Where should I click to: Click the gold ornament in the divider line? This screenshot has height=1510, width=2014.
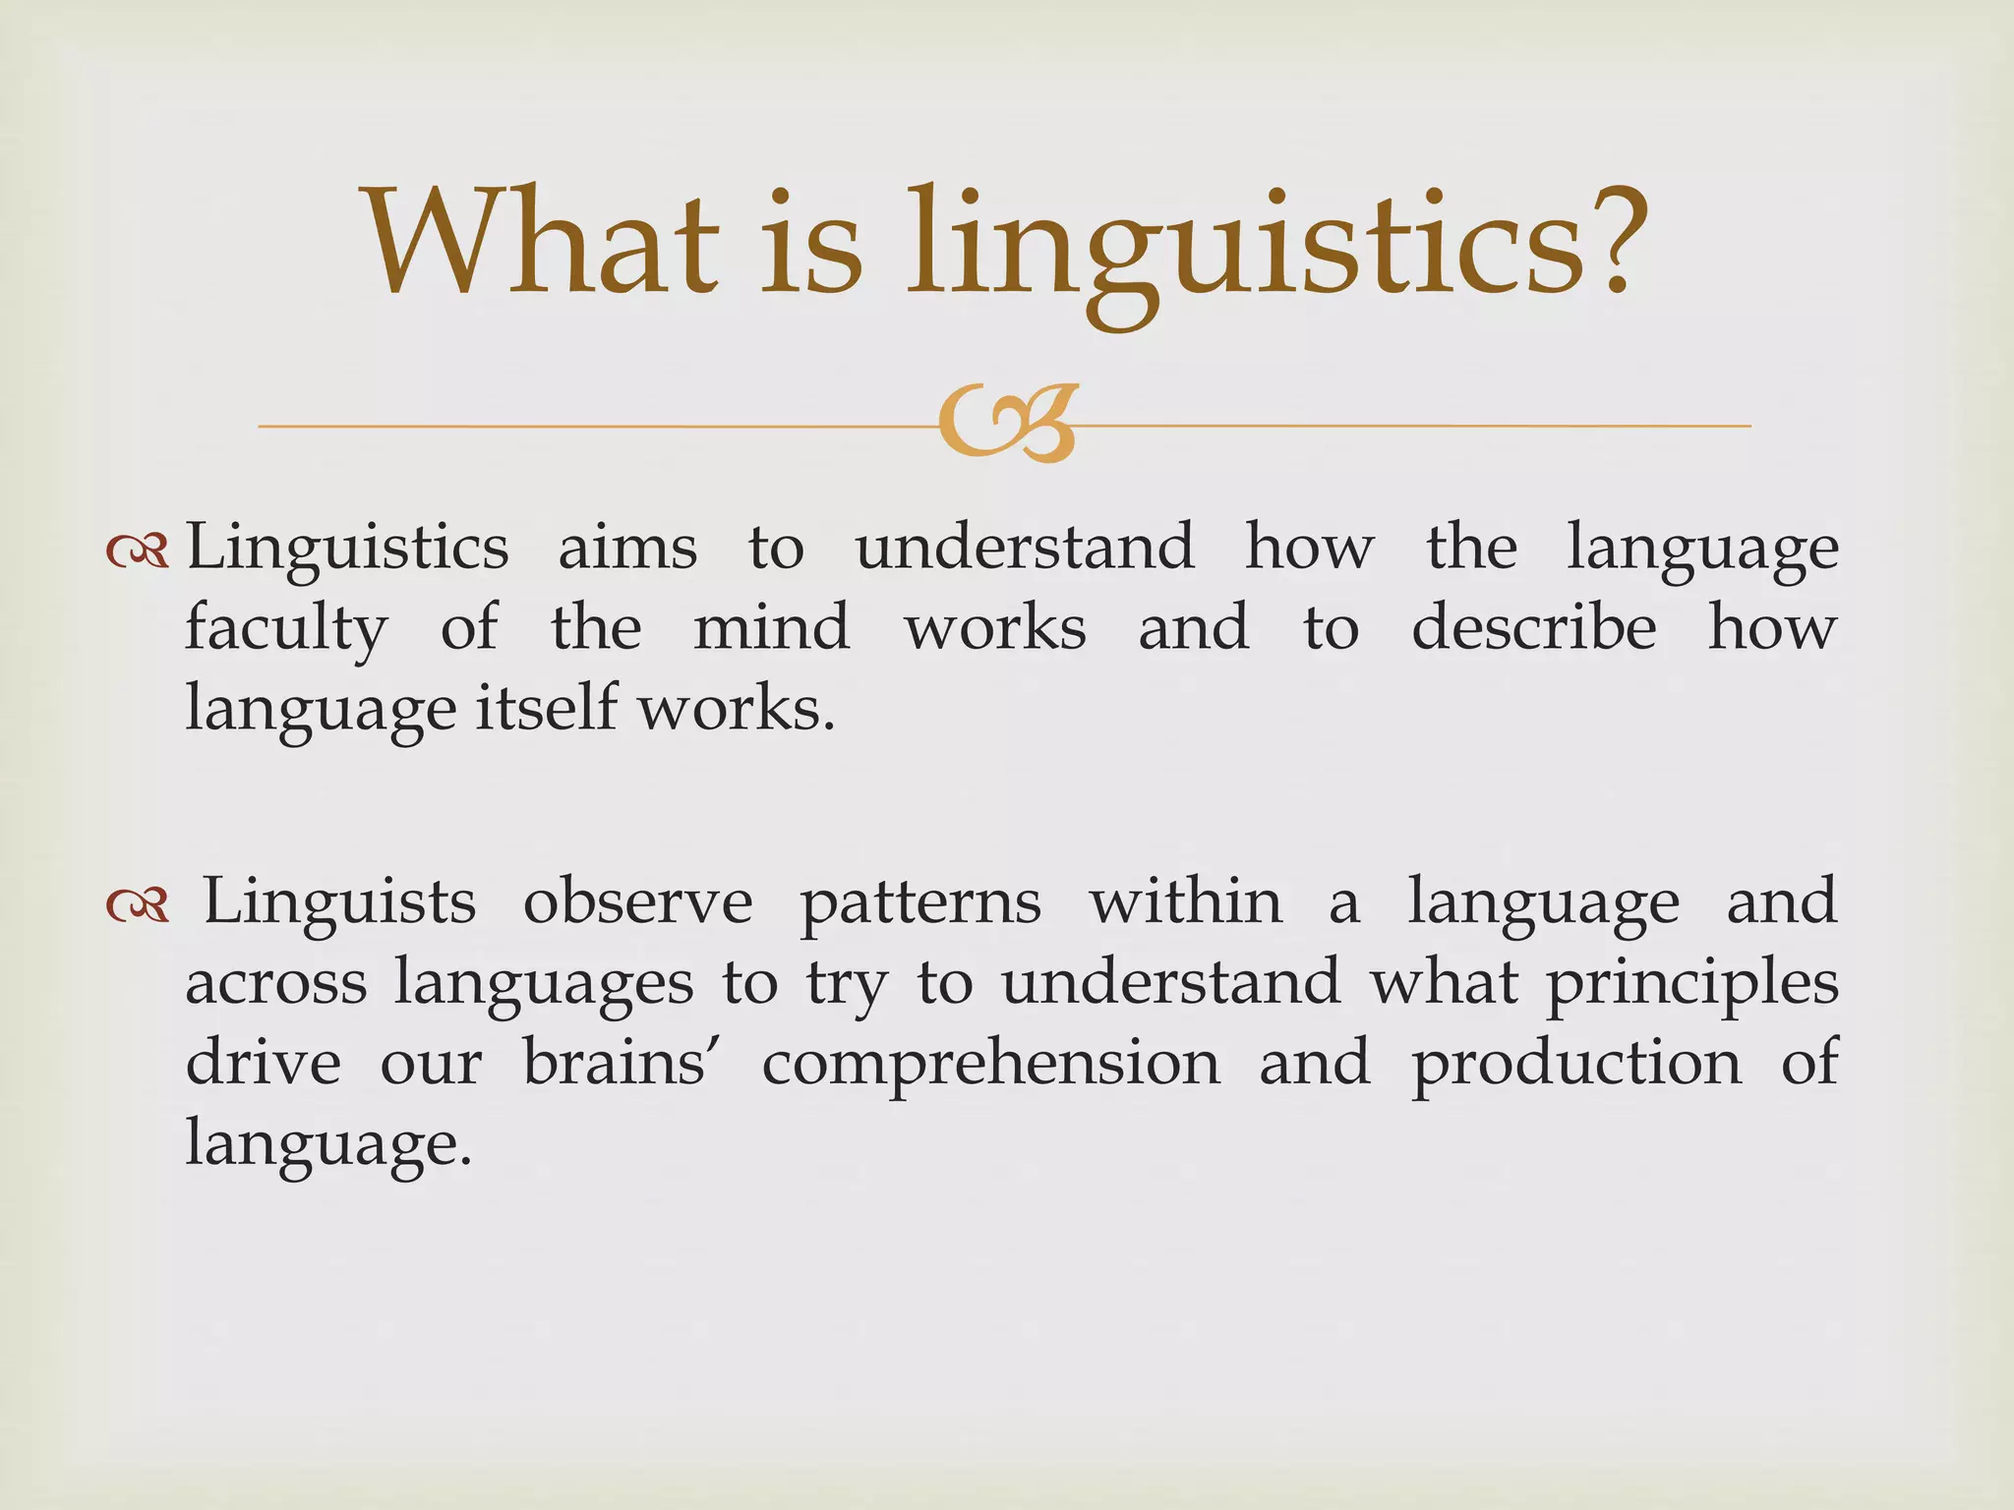pyautogui.click(x=1008, y=424)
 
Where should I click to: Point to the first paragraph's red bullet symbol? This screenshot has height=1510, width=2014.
pyautogui.click(x=138, y=554)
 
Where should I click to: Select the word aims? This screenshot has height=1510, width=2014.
pyautogui.click(x=627, y=549)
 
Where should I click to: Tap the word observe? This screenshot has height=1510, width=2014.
pyautogui.click(x=637, y=902)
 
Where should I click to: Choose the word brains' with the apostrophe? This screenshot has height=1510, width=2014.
pyautogui.click(x=616, y=1064)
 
